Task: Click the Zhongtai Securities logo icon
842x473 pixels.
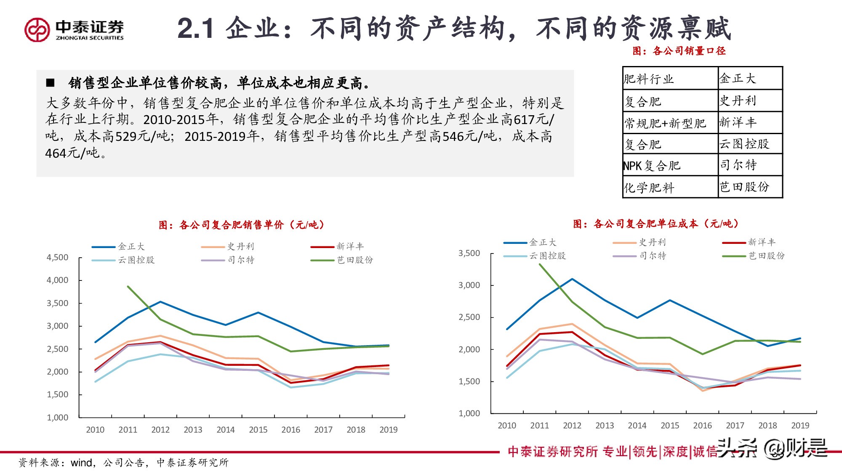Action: click(x=37, y=29)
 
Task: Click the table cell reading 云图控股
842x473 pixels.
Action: click(x=744, y=144)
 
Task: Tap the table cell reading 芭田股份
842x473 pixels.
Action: click(x=744, y=187)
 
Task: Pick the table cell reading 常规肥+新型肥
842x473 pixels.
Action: click(x=665, y=123)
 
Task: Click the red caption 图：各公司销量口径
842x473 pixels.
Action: click(x=679, y=51)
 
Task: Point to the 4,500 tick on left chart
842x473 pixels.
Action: click(x=57, y=257)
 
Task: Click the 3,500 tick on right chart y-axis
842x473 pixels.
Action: click(x=469, y=253)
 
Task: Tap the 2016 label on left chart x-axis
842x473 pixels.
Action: click(x=290, y=430)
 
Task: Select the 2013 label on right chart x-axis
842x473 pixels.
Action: click(x=605, y=425)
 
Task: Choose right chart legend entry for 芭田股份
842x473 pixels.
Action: click(x=766, y=256)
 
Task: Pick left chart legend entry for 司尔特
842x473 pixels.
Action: click(x=240, y=260)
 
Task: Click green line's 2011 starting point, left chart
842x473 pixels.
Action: click(x=128, y=287)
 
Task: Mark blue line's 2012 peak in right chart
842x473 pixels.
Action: click(x=572, y=279)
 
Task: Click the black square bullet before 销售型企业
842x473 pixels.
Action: click(x=50, y=83)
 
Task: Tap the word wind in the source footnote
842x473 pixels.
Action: click(x=81, y=463)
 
